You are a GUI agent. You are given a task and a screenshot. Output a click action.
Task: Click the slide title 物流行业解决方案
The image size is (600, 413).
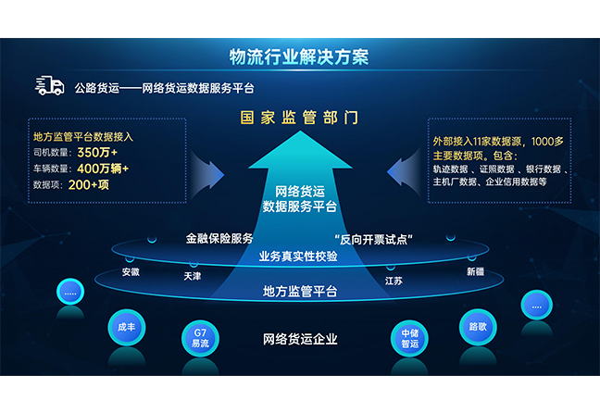point(299,56)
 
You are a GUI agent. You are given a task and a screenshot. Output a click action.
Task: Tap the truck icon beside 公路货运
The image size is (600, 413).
point(49,86)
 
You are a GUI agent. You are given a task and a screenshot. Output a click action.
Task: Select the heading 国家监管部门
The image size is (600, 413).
point(298,119)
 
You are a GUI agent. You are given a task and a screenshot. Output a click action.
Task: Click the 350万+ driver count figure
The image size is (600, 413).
point(98,152)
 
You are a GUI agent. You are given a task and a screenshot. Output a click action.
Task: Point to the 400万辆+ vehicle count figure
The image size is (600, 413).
point(102,169)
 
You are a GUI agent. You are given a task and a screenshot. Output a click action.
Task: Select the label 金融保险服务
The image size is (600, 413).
point(219,239)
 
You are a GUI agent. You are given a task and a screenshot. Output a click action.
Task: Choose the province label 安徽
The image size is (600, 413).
point(131,272)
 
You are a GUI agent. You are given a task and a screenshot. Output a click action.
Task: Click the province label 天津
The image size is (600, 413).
point(192,276)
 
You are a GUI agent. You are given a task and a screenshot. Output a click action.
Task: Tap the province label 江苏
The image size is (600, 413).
point(394,280)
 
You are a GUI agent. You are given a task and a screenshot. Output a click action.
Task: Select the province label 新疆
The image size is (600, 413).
point(475,272)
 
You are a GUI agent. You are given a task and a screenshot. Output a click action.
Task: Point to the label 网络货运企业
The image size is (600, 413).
point(300,339)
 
